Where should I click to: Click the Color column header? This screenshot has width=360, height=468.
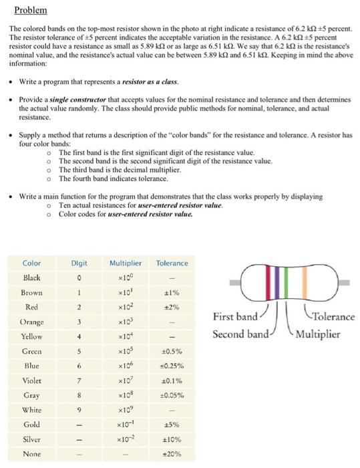click(31, 263)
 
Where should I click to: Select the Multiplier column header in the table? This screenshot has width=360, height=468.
click(125, 263)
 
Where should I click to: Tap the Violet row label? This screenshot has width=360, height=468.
click(31, 380)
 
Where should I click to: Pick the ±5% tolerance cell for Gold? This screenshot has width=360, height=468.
click(171, 425)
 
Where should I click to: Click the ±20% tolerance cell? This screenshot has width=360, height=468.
click(171, 454)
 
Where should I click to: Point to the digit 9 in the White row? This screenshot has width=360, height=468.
click(79, 410)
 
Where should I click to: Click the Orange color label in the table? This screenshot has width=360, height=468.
click(32, 322)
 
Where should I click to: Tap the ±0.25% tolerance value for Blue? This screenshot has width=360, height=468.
click(171, 366)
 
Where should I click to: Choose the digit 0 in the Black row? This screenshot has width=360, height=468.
click(79, 277)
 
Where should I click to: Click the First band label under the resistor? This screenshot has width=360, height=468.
click(234, 316)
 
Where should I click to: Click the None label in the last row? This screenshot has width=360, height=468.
click(31, 454)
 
